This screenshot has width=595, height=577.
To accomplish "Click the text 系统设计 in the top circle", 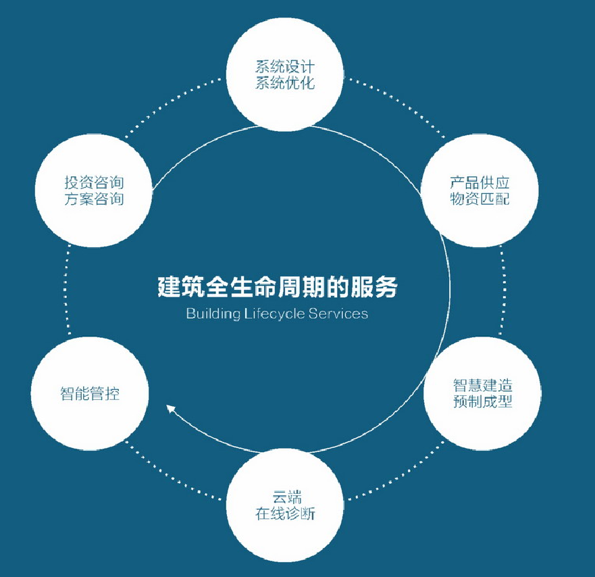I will tap(284, 68).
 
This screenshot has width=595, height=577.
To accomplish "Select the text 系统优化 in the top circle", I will tap(284, 84).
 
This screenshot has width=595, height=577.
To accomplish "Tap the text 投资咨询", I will tap(94, 183).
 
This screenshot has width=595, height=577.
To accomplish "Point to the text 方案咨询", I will tap(94, 199).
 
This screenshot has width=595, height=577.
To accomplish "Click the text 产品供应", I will tap(480, 183).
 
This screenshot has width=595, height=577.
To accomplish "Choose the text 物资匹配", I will tap(480, 199).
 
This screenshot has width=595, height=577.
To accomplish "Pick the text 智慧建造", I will tap(482, 386).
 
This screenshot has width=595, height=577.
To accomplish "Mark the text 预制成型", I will tap(482, 403).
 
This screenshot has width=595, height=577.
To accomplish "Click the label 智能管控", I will tap(90, 394).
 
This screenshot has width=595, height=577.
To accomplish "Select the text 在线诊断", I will tap(284, 515).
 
